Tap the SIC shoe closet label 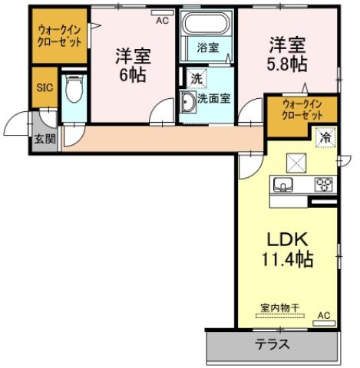pyautogui.click(x=44, y=87)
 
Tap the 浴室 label pyautogui.click(x=208, y=48)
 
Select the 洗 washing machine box pyautogui.click(x=197, y=77)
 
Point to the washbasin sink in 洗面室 pyautogui.click(x=187, y=101)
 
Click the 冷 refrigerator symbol pyautogui.click(x=325, y=138)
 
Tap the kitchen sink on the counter pyautogui.click(x=282, y=185)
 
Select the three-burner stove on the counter pyautogui.click(x=323, y=184)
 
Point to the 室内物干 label pyautogui.click(x=279, y=307)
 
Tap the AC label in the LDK pyautogui.click(x=323, y=315)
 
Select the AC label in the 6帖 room pyautogui.click(x=161, y=21)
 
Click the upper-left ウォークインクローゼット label pyautogui.click(x=60, y=37)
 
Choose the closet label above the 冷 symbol pyautogui.click(x=301, y=109)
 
